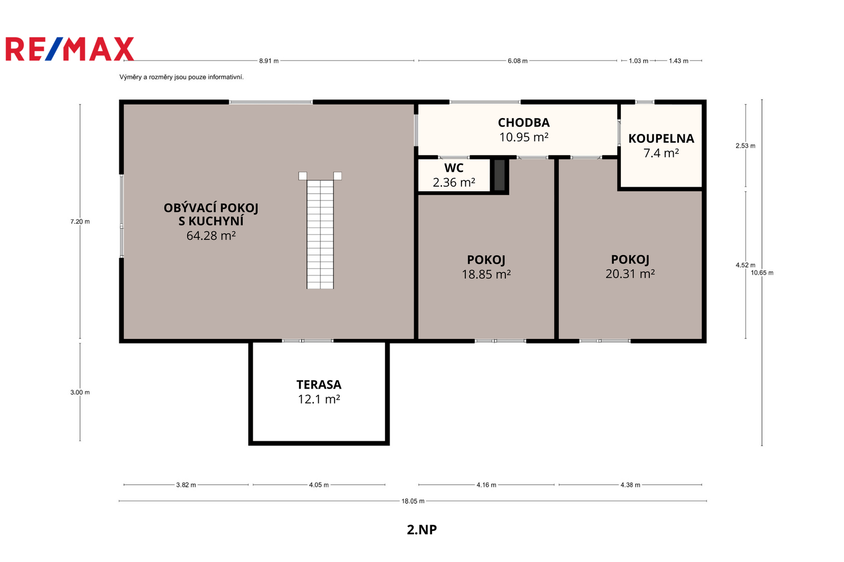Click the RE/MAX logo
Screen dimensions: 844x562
(70, 49)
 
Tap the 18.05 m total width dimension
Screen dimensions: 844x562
(413, 501)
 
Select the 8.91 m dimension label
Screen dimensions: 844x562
(268, 61)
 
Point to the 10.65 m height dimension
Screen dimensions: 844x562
(762, 273)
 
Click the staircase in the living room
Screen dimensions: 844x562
(320, 230)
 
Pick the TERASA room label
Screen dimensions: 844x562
(319, 384)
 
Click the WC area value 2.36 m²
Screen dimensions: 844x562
(454, 182)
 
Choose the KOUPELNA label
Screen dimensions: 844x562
(661, 139)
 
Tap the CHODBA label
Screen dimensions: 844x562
(524, 122)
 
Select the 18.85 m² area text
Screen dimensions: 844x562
(486, 274)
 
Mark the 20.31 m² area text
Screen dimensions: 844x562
(630, 274)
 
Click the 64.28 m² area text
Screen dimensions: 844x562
(211, 236)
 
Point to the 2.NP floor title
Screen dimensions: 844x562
(421, 530)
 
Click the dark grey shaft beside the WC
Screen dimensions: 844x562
(499, 175)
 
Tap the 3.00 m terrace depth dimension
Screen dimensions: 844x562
(80, 392)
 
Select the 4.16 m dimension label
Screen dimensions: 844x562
(486, 485)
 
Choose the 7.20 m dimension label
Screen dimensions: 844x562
(80, 221)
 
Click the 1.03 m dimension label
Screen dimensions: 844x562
(638, 61)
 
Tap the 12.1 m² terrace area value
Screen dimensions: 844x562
(319, 399)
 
